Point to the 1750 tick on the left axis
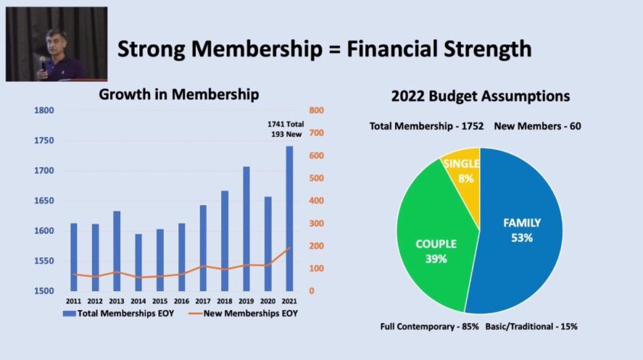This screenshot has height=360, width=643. [x=44, y=140]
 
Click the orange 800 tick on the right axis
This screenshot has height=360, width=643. [x=317, y=110]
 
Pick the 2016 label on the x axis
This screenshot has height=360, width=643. [x=181, y=301]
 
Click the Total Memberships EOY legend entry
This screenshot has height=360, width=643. [x=122, y=313]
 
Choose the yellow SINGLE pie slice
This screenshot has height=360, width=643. [x=462, y=170]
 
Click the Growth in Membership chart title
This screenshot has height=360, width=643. [x=179, y=95]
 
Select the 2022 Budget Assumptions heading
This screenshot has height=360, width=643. [x=480, y=97]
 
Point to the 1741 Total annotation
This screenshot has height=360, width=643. [x=285, y=124]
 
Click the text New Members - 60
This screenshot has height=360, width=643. [x=537, y=126]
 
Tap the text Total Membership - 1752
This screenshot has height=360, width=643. [x=426, y=126]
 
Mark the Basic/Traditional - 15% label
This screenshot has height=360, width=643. [x=531, y=326]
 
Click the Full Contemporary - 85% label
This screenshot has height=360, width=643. [x=429, y=326]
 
